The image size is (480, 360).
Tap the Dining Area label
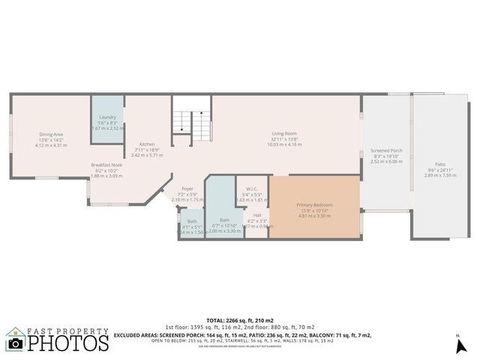pos(51,135)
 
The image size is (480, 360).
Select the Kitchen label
pos(147,144)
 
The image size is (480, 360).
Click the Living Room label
pos(284,135)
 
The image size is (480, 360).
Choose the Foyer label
pos(187,189)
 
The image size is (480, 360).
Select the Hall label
pos(257,215)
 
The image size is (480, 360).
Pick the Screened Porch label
pos(387,150)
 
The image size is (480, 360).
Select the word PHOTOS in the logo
pos(68,343)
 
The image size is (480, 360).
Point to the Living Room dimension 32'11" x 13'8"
pos(284,139)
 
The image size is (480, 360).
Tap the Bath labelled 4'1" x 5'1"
pos(192,227)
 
